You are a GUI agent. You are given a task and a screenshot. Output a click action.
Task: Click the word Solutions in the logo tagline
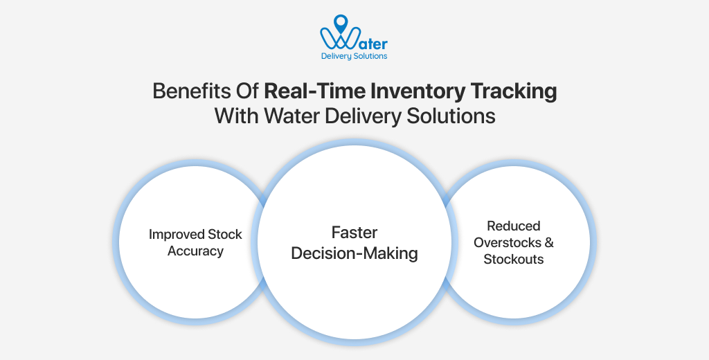click(370, 56)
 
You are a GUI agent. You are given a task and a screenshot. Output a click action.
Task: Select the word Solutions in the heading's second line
click(452, 116)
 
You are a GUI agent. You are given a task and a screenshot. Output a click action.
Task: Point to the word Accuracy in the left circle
click(196, 251)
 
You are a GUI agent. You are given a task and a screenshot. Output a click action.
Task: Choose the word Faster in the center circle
click(354, 232)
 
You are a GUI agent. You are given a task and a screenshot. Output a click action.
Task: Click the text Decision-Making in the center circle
click(354, 253)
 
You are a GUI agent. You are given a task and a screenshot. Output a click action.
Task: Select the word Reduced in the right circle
click(513, 226)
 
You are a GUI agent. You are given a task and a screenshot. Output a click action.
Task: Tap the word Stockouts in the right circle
click(513, 259)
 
